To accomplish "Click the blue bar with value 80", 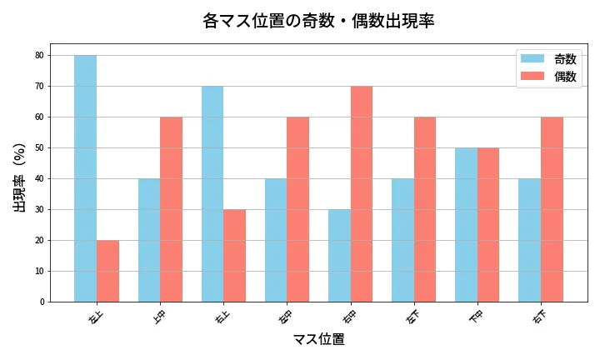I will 85,178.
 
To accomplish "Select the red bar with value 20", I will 107,271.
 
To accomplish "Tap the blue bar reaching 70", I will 212,193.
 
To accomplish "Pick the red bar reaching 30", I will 234,255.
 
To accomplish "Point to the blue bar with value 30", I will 339,255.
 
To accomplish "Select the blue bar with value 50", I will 466,224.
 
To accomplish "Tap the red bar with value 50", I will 488,224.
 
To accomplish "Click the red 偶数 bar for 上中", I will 171,209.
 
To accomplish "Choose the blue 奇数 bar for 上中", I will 149,240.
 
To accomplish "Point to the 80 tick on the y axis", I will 40,56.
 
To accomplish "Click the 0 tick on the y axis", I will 42,302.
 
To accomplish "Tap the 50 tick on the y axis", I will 40,148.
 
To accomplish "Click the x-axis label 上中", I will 159,317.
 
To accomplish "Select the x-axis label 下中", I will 476,317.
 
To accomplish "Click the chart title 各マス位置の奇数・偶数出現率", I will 318,21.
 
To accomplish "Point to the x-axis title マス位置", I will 318,339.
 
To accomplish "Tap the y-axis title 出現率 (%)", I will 20,177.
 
